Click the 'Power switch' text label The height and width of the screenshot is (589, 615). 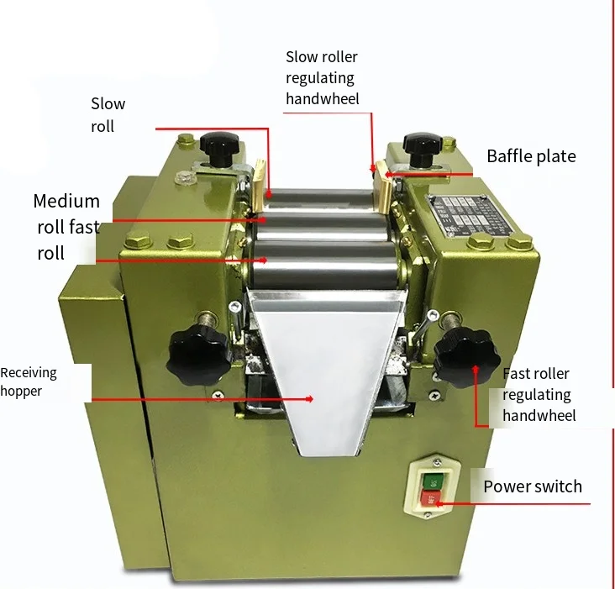[x=532, y=486]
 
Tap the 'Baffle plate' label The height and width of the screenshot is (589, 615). [x=531, y=156]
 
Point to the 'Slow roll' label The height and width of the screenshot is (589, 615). [x=108, y=115]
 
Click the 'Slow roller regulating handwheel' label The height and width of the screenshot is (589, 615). [x=321, y=78]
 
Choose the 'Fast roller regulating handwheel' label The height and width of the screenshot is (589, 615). [x=539, y=394]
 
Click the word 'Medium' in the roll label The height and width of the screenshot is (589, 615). [x=66, y=202]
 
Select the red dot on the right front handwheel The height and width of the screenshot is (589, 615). [x=476, y=367]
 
